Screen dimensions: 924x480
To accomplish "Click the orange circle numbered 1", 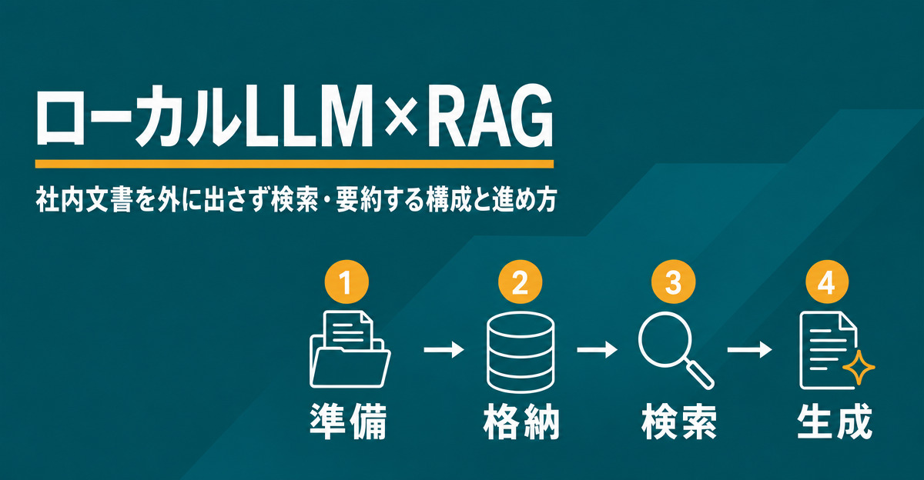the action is coord(346,282).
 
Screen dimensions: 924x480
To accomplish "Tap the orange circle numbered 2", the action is coord(520,282).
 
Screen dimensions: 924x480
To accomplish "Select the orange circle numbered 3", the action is coord(673,282).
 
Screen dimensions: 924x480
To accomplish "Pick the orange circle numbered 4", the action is coord(827,282).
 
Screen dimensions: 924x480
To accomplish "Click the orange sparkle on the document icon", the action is coord(859,368).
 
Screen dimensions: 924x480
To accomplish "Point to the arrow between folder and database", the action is coord(444,350).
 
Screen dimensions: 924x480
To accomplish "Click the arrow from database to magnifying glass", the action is coord(597,350).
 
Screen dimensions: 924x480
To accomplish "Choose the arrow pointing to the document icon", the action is coord(749,350).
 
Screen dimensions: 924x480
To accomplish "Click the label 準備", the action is coord(349,422).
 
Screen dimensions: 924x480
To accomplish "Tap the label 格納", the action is coord(521,422).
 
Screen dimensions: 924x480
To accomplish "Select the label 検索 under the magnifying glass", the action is coord(678,422).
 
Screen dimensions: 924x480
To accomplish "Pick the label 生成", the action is coord(834,422).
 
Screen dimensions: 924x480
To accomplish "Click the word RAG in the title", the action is coord(490,116).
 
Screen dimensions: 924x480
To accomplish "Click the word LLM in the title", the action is coord(309,117).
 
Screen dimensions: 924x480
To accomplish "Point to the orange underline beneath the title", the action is coord(294,164).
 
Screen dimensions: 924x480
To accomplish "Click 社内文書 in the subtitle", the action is coord(84,201).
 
